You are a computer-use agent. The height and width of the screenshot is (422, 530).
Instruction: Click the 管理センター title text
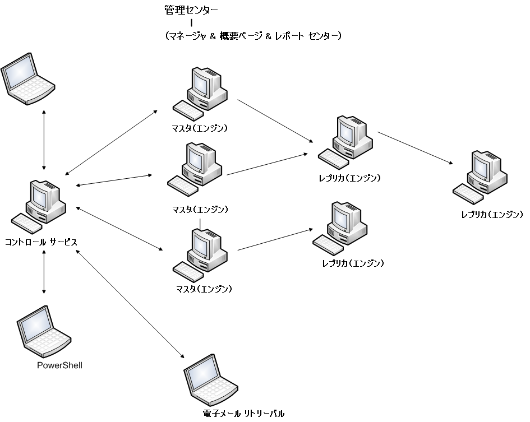[x=191, y=10]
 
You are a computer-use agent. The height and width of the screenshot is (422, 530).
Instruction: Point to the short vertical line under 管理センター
[x=192, y=23]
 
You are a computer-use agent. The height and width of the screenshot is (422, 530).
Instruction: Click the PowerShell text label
[x=59, y=365]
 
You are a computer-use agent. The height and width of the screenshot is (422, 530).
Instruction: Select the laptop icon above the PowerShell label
[x=43, y=332]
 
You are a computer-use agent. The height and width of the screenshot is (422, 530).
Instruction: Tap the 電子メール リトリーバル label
[x=243, y=414]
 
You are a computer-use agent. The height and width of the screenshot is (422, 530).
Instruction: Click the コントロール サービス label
[x=41, y=242]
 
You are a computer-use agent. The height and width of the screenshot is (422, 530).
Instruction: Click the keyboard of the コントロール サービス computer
[x=26, y=223]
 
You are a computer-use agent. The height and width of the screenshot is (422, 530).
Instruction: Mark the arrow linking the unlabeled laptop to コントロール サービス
[x=44, y=140]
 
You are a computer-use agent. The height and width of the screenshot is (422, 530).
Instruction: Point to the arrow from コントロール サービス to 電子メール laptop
[x=130, y=304]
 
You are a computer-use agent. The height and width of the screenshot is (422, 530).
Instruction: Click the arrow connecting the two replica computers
[x=414, y=148]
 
